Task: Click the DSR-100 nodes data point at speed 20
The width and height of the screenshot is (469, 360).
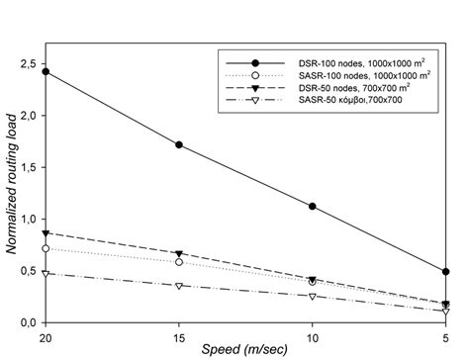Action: point(46,72)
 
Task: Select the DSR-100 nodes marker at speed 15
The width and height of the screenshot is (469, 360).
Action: point(179,144)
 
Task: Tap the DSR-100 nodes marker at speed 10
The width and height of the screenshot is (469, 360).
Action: point(313,207)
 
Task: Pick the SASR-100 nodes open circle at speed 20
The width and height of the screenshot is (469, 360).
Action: point(46,248)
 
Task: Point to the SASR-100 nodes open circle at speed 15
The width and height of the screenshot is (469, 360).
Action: point(179,262)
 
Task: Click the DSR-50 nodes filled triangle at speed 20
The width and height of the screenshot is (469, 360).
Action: point(46,232)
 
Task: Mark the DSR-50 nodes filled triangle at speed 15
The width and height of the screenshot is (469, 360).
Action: point(179,254)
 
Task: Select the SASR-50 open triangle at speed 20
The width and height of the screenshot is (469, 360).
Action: point(46,273)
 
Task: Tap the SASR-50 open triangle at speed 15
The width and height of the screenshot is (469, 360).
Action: point(179,286)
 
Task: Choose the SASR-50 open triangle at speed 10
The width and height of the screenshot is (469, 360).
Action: point(313,297)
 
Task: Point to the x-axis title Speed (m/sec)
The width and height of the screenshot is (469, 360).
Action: point(245,350)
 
